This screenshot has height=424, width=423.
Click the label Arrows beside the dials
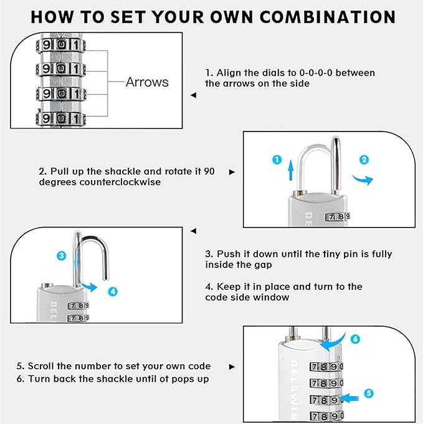(x=147, y=82)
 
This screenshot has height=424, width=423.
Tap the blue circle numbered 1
(x=277, y=160)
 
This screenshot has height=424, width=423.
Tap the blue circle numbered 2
(x=364, y=160)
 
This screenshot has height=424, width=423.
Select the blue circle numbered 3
(x=61, y=255)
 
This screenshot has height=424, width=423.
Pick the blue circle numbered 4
(x=112, y=291)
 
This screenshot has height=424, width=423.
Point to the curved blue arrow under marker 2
(x=363, y=180)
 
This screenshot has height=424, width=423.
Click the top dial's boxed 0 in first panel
(x=61, y=45)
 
